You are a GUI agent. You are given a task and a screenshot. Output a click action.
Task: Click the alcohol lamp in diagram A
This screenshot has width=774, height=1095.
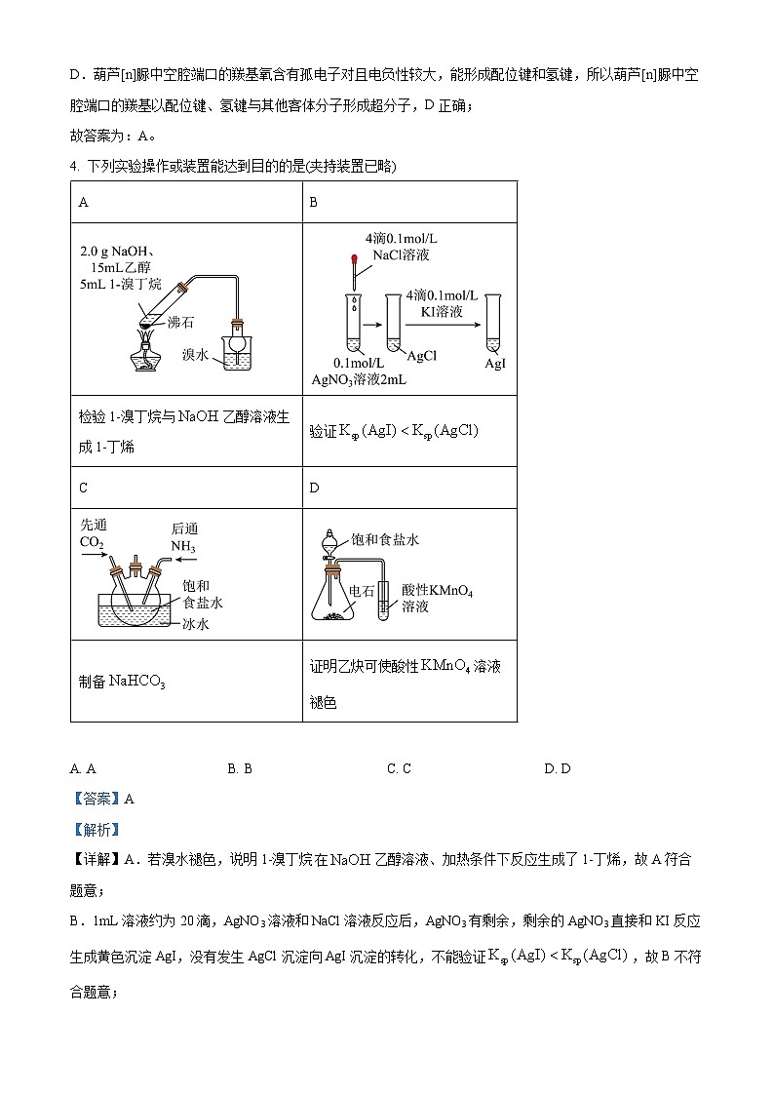(x=145, y=352)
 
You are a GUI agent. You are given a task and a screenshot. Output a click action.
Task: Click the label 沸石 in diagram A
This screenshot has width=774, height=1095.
(x=180, y=320)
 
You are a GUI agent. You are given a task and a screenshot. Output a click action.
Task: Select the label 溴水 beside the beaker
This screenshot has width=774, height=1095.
(x=198, y=356)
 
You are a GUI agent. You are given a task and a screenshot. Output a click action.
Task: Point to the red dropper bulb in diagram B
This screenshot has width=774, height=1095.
(x=353, y=260)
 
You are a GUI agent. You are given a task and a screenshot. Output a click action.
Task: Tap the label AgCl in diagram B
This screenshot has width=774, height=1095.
(x=423, y=356)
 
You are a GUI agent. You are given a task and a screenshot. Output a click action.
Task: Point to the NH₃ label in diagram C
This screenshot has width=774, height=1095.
(x=183, y=547)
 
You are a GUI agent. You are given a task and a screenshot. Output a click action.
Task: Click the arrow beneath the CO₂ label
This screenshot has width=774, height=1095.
(x=95, y=558)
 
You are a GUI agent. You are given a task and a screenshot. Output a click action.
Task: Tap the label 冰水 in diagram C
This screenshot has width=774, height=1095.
(x=196, y=623)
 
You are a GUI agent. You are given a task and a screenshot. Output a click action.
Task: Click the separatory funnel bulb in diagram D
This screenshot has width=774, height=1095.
(x=332, y=538)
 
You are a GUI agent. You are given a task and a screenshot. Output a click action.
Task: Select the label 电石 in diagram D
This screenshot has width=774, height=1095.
(x=362, y=590)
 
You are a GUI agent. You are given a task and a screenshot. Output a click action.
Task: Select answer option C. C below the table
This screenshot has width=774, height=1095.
(x=399, y=768)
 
